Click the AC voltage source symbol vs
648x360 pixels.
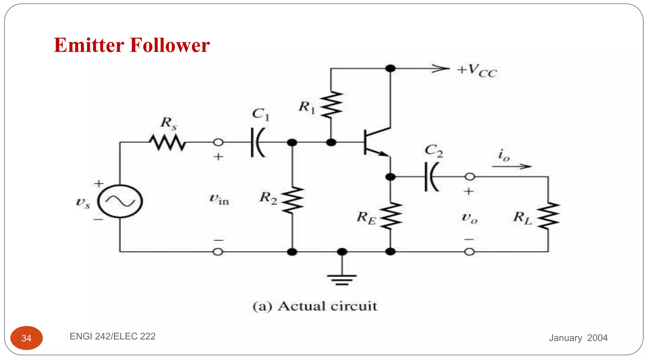[120, 201]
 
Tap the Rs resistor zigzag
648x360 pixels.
[167, 142]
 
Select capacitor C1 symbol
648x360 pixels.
[258, 142]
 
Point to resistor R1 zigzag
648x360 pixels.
[331, 105]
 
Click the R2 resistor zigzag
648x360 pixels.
[292, 200]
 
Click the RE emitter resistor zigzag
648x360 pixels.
[391, 216]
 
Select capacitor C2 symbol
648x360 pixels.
[431, 177]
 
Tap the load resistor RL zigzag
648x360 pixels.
[548, 216]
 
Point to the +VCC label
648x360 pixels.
[477, 71]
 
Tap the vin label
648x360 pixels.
[219, 199]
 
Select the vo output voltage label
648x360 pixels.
[470, 218]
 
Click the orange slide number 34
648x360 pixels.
[27, 338]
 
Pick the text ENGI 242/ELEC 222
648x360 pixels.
[113, 336]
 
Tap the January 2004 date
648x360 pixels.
[578, 338]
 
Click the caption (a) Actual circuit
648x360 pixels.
[315, 306]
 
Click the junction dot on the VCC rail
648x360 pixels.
[390, 68]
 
